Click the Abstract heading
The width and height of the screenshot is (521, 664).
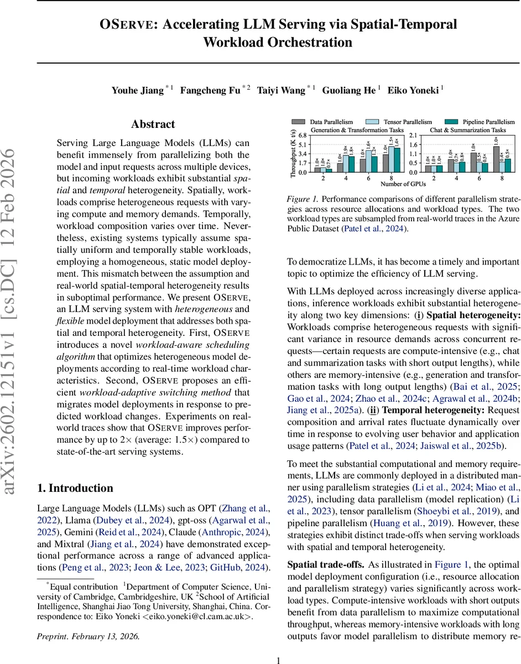click(x=153, y=124)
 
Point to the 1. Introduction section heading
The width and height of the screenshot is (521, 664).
click(x=75, y=488)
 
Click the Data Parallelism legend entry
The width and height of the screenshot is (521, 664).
click(x=330, y=122)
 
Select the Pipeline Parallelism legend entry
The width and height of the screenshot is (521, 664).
click(x=488, y=122)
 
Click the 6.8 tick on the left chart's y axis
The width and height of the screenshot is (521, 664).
click(x=303, y=135)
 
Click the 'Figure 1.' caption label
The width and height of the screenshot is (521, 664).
click(x=301, y=198)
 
